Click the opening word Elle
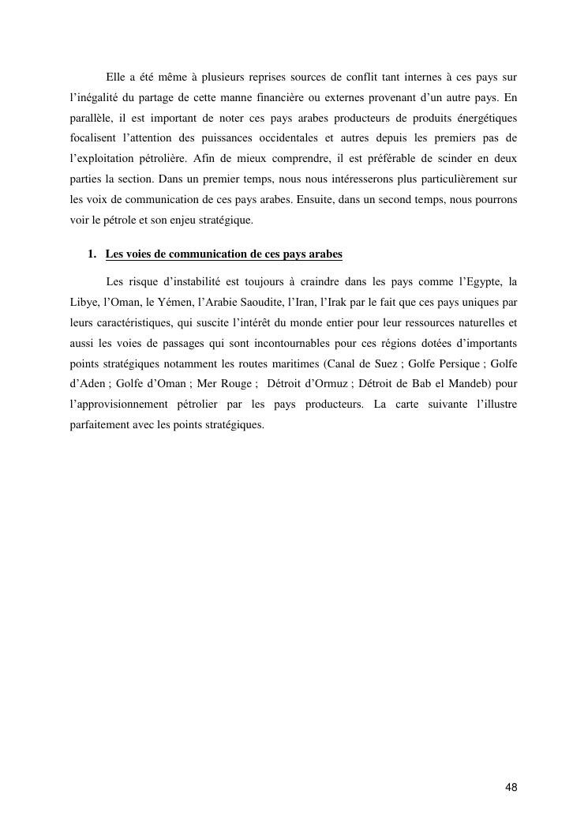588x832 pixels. [115, 77]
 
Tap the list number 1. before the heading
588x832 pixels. [92, 254]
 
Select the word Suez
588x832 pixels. [382, 363]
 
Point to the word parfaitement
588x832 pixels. [99, 425]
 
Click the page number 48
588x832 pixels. [511, 788]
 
